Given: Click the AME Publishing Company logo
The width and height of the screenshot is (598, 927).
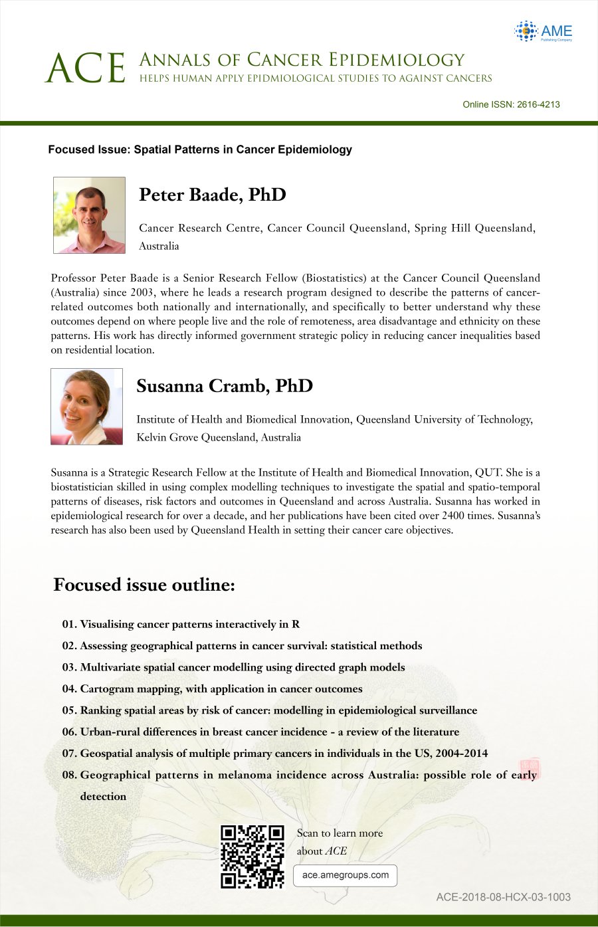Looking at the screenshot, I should (x=543, y=31).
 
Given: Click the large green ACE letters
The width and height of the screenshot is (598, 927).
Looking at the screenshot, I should (x=86, y=68).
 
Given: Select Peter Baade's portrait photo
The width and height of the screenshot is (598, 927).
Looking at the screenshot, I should (x=89, y=215).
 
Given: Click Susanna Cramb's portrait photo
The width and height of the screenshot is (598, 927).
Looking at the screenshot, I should (x=86, y=407).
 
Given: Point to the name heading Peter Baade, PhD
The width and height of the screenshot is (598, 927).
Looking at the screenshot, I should (x=212, y=195).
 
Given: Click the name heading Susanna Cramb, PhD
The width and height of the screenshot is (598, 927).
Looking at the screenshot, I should (x=224, y=386).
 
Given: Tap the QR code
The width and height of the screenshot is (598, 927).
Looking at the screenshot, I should (x=252, y=857).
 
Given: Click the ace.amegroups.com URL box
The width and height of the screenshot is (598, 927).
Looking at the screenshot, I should (x=345, y=875).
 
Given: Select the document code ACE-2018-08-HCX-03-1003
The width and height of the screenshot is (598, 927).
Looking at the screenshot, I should (x=503, y=897).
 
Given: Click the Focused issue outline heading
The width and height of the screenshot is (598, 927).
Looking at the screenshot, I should (x=144, y=585).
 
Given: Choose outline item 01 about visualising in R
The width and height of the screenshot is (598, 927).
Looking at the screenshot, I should (x=181, y=624).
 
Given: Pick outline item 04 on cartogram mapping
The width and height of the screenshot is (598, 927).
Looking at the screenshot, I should (x=213, y=688).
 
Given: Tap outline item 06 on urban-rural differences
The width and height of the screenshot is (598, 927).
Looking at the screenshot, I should (x=260, y=732).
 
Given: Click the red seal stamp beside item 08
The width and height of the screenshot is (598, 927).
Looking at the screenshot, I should (x=530, y=767).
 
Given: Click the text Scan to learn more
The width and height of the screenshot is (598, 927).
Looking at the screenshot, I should (x=340, y=833).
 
